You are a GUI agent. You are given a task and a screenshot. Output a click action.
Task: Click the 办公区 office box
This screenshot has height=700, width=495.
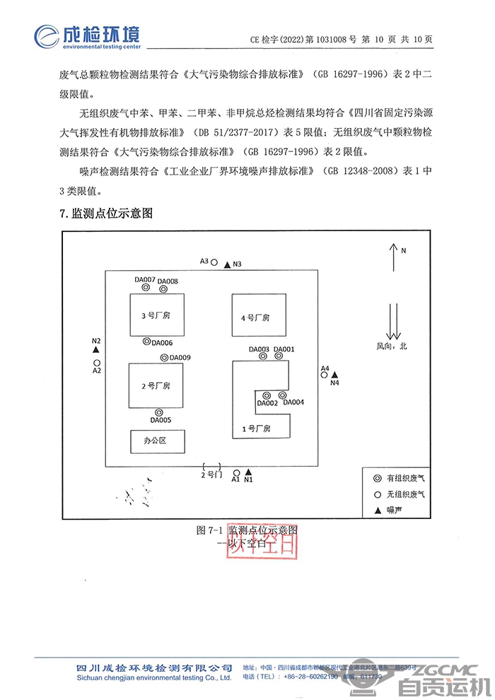(156, 441)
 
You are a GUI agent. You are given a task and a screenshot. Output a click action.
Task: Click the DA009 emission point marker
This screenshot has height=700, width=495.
(163, 358)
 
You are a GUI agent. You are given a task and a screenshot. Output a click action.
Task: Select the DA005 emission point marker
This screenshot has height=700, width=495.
(159, 412)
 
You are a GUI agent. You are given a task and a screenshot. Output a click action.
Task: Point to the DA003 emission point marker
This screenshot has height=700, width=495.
(262, 356)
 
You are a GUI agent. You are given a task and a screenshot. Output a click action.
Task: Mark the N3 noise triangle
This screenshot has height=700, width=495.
(227, 264)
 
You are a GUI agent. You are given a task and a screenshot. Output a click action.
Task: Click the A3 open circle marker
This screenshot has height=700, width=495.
(214, 262)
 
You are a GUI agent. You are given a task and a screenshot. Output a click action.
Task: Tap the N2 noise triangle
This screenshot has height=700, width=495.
(96, 350)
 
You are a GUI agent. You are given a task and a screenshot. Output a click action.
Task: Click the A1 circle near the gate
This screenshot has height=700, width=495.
(236, 472)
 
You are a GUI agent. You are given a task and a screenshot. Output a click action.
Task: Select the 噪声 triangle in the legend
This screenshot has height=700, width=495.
(378, 509)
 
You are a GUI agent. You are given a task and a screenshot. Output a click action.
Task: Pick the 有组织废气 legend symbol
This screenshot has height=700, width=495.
(378, 478)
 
